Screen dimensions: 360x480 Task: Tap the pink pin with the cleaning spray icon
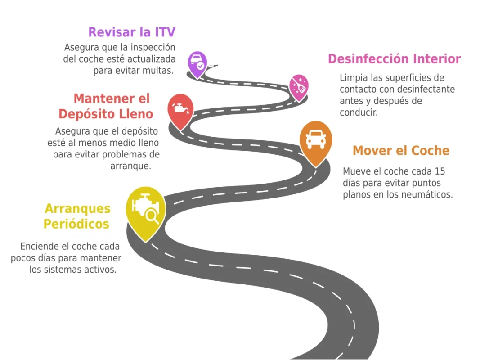[298, 86]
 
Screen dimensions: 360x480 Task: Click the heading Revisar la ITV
[131, 32]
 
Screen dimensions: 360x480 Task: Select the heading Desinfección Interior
[394, 59]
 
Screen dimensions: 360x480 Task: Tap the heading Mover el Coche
[401, 150]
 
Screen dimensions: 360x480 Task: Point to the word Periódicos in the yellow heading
[76, 224]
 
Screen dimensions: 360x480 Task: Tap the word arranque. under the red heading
[130, 166]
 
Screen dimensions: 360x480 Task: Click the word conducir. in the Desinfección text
[359, 112]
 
